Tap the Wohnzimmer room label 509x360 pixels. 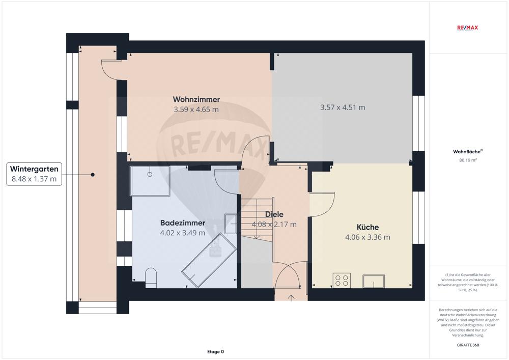pos(196,99)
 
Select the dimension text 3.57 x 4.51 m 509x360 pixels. pos(343,107)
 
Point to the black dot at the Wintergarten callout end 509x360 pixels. pos(93,175)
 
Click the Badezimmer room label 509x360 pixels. pos(183,223)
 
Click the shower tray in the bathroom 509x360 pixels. pos(150,181)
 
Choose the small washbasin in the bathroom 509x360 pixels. pos(230,223)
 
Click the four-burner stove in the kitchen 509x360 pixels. pos(342,281)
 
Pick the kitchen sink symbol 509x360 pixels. pos(373,281)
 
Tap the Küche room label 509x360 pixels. pos(367,228)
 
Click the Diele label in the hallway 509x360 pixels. pos(274,214)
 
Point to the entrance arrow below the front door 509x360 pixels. pos(291,297)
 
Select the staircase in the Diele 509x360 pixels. pos(258,219)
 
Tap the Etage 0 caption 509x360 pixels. pos(215,351)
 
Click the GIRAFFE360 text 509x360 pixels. pos(469,345)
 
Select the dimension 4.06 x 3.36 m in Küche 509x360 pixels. pos(367,237)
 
